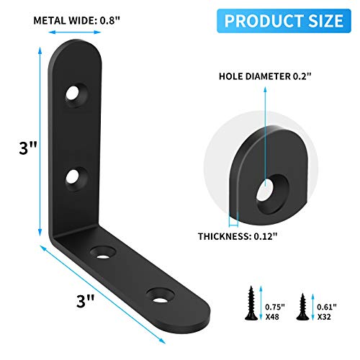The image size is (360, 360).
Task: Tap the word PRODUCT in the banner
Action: [264, 19]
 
